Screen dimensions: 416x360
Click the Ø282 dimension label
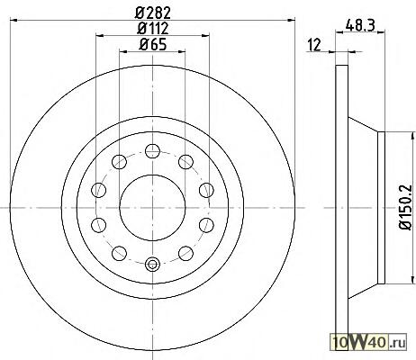click(153, 13)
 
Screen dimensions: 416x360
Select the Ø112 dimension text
click(153, 29)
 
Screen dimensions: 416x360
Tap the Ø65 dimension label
click(153, 45)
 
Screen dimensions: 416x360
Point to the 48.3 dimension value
click(360, 25)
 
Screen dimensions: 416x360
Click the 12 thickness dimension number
click(314, 45)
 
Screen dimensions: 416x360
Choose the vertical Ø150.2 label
click(405, 207)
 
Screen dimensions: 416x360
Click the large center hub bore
click(152, 208)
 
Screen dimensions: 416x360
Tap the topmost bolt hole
click(152, 151)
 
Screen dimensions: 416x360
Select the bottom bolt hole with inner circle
click(152, 264)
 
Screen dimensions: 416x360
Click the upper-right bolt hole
click(185, 162)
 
